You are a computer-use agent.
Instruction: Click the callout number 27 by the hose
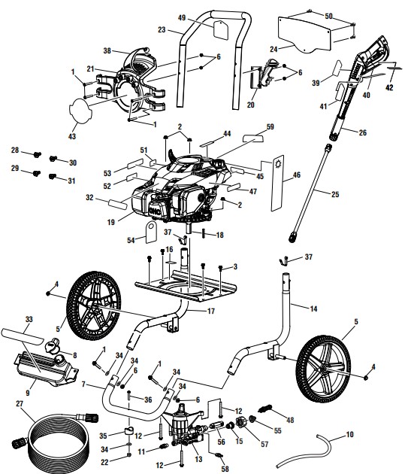[x=19, y=403]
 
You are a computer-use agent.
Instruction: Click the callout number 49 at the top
[x=182, y=17]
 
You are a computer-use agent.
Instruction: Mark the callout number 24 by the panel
[x=274, y=49]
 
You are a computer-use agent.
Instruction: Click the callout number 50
[x=328, y=15]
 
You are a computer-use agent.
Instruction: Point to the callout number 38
[x=107, y=50]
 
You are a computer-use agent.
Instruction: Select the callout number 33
[x=29, y=319]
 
